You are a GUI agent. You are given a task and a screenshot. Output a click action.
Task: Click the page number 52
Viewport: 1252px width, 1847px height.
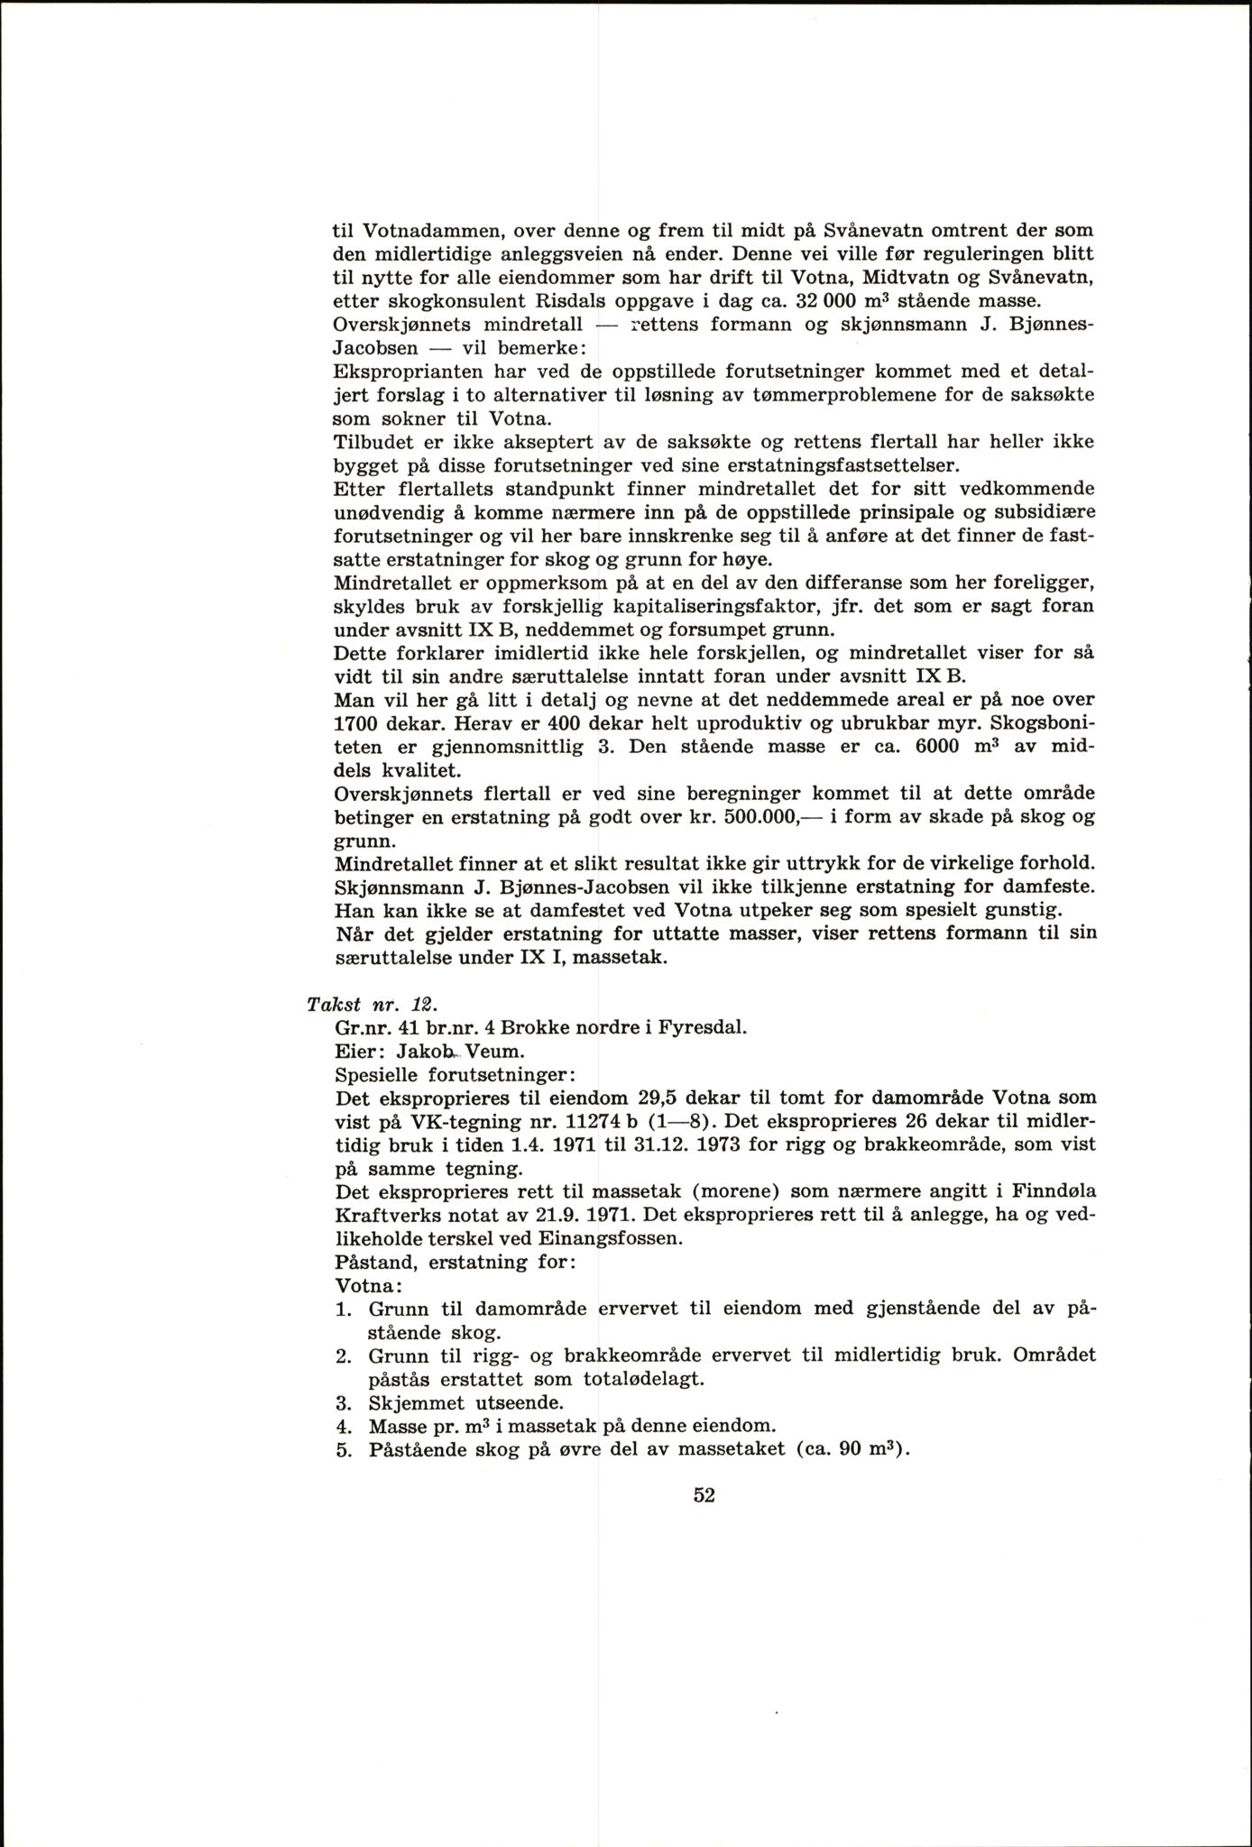(x=704, y=1494)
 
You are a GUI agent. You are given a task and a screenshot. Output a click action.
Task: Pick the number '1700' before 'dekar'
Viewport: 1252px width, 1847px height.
(x=356, y=723)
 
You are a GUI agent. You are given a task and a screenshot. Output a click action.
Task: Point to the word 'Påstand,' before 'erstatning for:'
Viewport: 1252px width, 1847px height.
(x=371, y=1263)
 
